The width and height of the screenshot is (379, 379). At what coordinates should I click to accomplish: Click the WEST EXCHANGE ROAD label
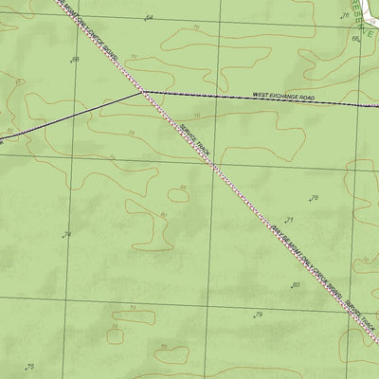[284, 97]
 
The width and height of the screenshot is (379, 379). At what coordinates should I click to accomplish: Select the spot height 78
[314, 197]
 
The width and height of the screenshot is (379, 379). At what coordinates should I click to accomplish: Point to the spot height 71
[289, 220]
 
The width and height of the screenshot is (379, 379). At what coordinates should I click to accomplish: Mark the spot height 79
[257, 315]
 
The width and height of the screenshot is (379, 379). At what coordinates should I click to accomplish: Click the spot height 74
[66, 235]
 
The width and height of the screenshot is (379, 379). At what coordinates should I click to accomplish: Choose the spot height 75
[29, 367]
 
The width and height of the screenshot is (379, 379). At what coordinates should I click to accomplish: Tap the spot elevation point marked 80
[295, 284]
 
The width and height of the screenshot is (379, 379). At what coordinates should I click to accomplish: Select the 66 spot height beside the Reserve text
[356, 39]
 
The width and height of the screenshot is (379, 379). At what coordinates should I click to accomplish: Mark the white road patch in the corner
[372, 8]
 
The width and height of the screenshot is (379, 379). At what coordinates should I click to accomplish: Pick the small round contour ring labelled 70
[177, 197]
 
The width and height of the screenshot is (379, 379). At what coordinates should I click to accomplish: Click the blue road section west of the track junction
[76, 114]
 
